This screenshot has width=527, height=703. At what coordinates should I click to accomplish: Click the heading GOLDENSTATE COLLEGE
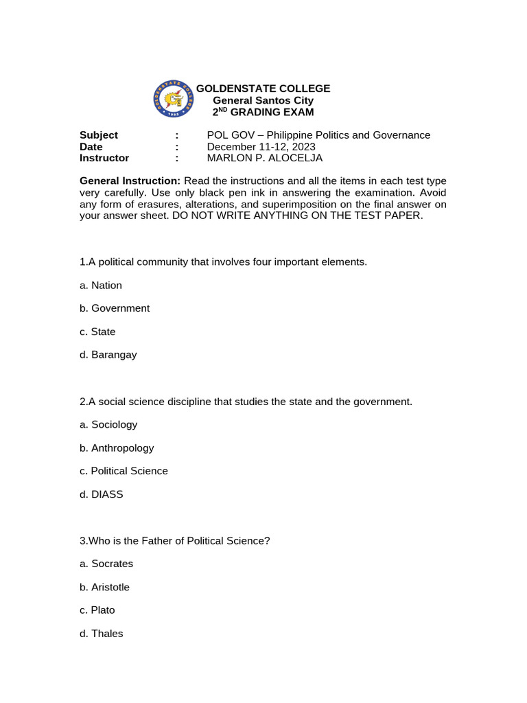(263, 89)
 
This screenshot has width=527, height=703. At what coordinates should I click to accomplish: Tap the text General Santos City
(263, 100)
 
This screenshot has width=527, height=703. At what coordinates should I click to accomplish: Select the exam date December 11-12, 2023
(261, 146)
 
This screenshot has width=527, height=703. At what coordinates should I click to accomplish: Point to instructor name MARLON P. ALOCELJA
(265, 158)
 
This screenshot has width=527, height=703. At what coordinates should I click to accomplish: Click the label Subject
(99, 135)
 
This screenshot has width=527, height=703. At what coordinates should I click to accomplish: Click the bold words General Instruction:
(130, 181)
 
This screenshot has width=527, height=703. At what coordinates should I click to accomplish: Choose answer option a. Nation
(101, 285)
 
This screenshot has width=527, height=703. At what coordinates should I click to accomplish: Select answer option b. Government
(115, 308)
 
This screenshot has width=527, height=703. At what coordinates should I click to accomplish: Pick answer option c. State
(97, 332)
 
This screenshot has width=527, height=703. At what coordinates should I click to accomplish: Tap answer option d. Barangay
(108, 355)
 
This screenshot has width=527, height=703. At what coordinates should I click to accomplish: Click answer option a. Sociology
(108, 424)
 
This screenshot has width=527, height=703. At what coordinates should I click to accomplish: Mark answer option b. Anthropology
(117, 448)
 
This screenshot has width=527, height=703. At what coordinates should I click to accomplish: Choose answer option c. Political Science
(124, 471)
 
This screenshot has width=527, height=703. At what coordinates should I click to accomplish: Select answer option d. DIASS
(102, 494)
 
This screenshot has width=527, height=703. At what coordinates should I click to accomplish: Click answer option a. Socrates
(106, 564)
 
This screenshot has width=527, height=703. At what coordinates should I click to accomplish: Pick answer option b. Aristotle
(104, 587)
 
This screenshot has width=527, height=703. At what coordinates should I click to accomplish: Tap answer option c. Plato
(97, 610)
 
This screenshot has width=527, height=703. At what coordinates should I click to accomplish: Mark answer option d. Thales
(102, 634)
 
